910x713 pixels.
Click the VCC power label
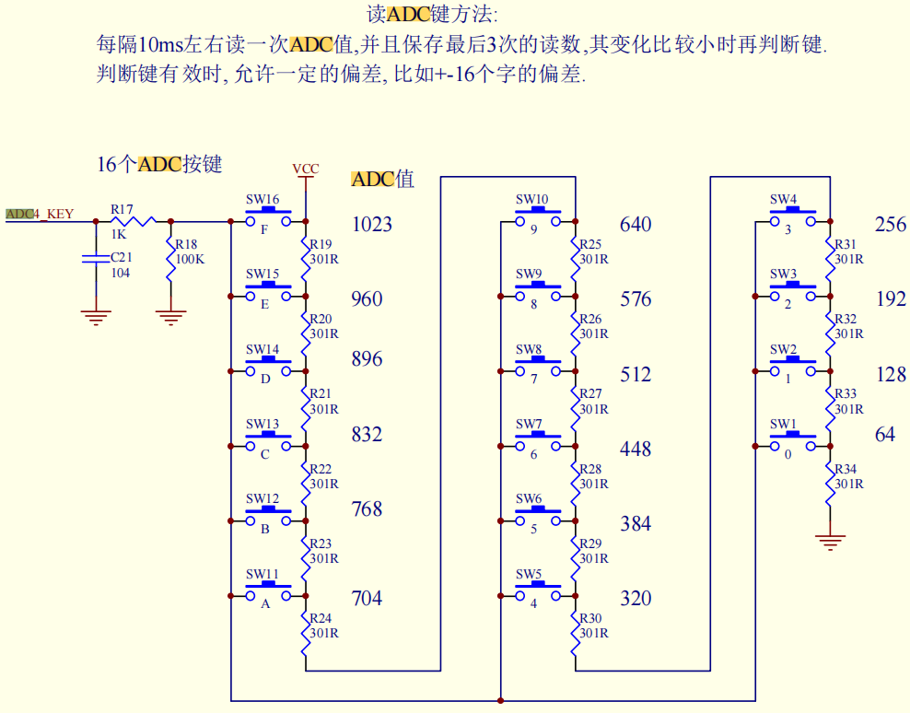pos(305,169)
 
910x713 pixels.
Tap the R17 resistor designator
pos(122,210)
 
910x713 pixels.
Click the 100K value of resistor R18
pos(190,259)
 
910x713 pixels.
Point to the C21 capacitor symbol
pos(96,259)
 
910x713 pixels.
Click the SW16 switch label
pos(262,200)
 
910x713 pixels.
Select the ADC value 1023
pos(371,224)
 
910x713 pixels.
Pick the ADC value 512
pos(636,374)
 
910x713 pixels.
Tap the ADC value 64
pos(884,434)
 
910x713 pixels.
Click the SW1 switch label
pos(783,425)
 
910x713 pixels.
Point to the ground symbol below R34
pos(830,541)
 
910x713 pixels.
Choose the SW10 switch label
pos(531,200)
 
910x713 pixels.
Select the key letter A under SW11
pos(265,604)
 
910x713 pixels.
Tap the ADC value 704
pos(367,599)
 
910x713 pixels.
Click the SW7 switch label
pos(529,425)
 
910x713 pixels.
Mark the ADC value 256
pos(890,224)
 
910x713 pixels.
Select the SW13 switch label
pos(262,425)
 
